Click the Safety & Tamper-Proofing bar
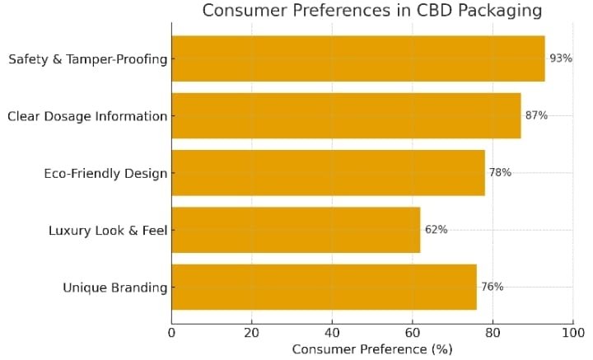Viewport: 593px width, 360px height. point(357,58)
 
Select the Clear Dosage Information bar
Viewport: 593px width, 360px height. point(346,115)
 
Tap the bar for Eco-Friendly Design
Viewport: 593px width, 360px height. point(328,173)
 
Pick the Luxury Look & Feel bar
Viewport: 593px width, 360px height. point(296,230)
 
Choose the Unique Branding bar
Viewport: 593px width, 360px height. point(324,287)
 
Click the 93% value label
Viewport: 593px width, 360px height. point(560,58)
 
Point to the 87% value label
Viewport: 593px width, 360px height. point(536,115)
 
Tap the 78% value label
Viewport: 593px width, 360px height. point(500,173)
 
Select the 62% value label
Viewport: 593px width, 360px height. point(436,230)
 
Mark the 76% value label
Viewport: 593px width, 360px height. point(492,287)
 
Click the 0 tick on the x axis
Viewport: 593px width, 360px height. point(171,333)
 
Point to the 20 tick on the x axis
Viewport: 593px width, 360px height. point(251,333)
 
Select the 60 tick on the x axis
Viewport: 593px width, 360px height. point(412,333)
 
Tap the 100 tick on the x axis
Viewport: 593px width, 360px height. point(572,333)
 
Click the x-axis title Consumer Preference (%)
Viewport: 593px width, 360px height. point(372,349)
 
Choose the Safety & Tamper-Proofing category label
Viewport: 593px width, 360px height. point(87,59)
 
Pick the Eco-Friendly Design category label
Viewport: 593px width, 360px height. point(105,174)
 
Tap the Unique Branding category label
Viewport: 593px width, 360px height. point(115,288)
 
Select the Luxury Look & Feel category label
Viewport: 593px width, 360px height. point(108,231)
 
